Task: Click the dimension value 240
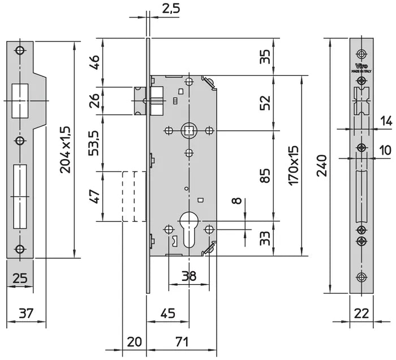[x=321, y=165]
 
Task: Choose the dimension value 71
[x=180, y=342]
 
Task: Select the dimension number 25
[x=20, y=277]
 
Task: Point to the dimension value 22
[x=362, y=313]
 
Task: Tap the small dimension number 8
[x=236, y=200]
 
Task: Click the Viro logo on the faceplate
[x=362, y=66]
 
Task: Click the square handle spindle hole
[x=188, y=131]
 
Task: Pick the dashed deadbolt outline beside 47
[x=134, y=196]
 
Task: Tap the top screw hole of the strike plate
[x=20, y=50]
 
